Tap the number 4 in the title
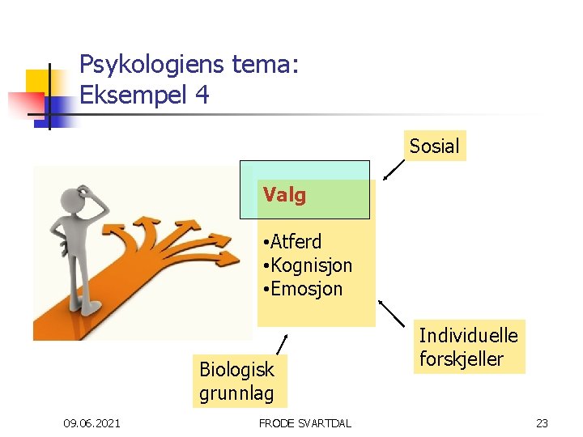202,95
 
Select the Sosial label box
434,146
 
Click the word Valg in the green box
283,195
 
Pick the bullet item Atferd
296,241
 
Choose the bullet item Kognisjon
311,265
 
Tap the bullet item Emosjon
306,288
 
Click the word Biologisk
236,370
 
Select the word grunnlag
236,394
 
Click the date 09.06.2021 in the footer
92,423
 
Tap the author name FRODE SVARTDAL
304,423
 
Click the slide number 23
542,423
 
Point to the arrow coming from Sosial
394,168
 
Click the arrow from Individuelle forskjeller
392,313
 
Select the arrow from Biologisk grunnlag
281,343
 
